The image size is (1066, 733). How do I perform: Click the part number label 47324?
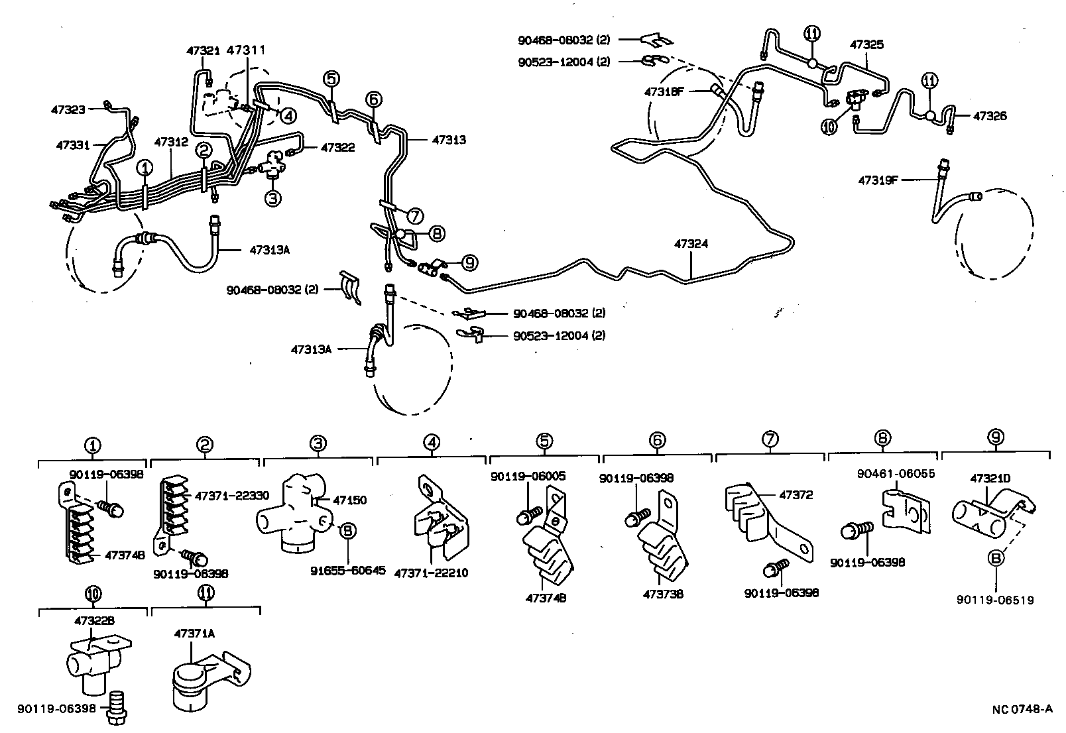[x=691, y=244]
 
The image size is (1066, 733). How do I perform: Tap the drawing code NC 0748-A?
[x=1022, y=710]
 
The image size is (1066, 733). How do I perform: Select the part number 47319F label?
[x=878, y=180]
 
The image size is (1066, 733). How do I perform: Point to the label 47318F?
[x=664, y=92]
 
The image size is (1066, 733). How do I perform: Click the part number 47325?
[x=866, y=44]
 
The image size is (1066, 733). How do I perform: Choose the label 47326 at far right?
[x=990, y=116]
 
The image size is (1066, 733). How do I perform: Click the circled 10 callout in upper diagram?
[x=829, y=127]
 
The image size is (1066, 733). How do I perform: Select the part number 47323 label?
[x=68, y=109]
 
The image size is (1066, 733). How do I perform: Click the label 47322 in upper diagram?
[x=338, y=147]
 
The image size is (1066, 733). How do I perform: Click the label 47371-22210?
[x=431, y=573]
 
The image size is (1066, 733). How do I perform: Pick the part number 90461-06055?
[x=886, y=473]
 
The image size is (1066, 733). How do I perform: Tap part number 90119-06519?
[x=995, y=600]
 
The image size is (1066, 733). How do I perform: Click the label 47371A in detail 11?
[x=194, y=634]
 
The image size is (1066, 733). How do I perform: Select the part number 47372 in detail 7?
[x=796, y=494]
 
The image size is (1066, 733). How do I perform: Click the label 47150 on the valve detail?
[x=349, y=500]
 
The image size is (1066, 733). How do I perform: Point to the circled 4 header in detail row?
[x=431, y=441]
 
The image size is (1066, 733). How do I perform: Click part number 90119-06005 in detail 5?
[x=528, y=476]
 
